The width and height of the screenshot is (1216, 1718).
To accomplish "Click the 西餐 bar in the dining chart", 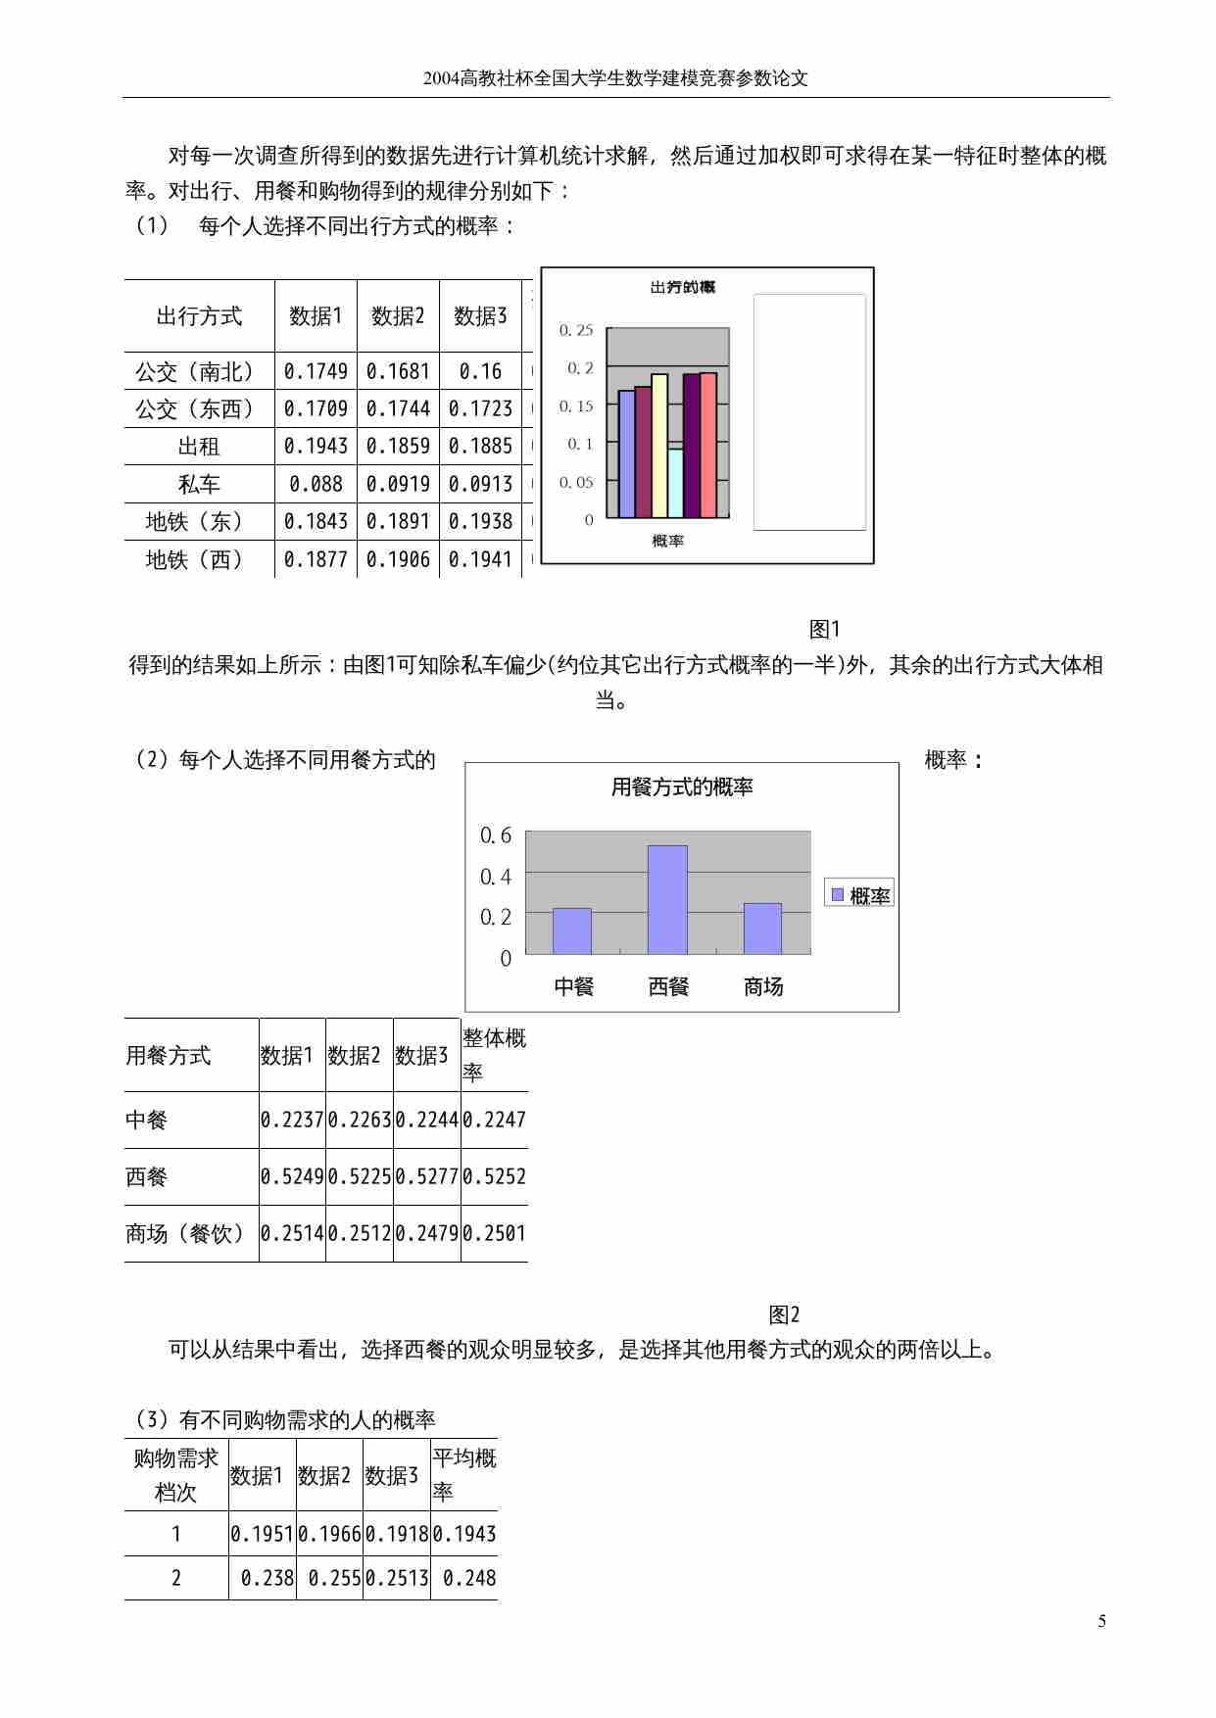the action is [667, 899].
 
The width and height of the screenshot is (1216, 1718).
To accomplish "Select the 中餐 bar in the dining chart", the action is [572, 931].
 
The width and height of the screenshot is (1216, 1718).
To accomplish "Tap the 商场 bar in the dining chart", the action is [762, 928].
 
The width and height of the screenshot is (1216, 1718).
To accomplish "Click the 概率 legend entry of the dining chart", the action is [859, 895].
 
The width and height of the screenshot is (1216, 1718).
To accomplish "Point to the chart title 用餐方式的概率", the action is [682, 787].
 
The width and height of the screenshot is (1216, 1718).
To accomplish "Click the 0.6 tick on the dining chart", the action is [496, 835].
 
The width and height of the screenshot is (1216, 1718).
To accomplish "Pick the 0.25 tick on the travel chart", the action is [576, 331].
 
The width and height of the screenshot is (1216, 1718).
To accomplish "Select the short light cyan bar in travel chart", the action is [676, 482].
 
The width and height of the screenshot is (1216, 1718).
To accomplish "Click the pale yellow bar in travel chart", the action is [659, 446].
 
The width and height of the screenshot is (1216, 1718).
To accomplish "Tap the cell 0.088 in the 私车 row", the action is [316, 484].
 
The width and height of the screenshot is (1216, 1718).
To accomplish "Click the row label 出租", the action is [199, 447].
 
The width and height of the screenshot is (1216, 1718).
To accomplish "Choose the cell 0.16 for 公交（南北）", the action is [480, 372].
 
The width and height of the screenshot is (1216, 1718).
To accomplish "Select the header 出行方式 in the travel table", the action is [199, 316].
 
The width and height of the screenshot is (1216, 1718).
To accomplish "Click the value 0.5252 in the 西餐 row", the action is [495, 1176].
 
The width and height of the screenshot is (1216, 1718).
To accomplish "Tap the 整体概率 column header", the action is [494, 1055].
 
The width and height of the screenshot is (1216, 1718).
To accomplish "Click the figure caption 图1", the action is [824, 630].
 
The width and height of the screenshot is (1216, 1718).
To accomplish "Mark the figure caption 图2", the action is [784, 1314].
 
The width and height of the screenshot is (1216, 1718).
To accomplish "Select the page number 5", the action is [1102, 1622].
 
